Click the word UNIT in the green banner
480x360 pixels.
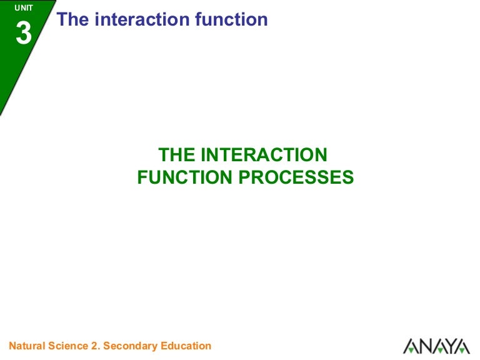click(x=24, y=8)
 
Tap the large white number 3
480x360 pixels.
click(x=24, y=33)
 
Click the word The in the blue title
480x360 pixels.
click(x=72, y=19)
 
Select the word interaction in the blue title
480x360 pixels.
click(x=142, y=19)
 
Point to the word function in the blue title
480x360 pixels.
click(x=231, y=19)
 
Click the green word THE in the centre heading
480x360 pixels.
click(x=177, y=154)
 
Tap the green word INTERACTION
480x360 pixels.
click(x=264, y=154)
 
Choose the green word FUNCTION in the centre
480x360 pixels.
click(x=184, y=177)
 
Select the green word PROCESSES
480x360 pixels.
click(x=296, y=177)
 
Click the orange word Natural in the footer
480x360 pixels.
click(x=27, y=346)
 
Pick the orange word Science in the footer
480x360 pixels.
click(x=68, y=346)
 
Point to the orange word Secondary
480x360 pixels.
click(x=131, y=346)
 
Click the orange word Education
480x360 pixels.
click(x=186, y=346)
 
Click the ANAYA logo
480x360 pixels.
click(x=436, y=346)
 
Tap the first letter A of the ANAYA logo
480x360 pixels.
click(x=411, y=346)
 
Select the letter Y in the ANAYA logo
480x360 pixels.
click(x=449, y=346)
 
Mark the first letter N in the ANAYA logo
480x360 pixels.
click(x=424, y=346)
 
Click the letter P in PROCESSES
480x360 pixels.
click(x=244, y=177)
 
